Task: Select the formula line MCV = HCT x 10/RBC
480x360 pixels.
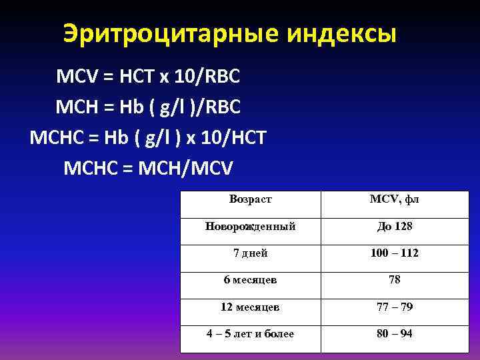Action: pyautogui.click(x=148, y=77)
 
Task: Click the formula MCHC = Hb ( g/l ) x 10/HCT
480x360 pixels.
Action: pyautogui.click(x=148, y=137)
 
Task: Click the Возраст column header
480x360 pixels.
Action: pyautogui.click(x=250, y=199)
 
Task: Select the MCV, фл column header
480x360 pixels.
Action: pyautogui.click(x=394, y=199)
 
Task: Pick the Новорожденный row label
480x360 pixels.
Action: pyautogui.click(x=250, y=227)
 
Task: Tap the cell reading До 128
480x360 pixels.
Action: pyautogui.click(x=394, y=227)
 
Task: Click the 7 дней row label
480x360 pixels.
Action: pyautogui.click(x=250, y=253)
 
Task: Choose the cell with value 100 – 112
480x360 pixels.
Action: pyautogui.click(x=394, y=253)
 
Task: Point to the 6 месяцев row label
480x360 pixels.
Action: pyautogui.click(x=250, y=280)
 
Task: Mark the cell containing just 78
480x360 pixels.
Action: pyautogui.click(x=394, y=280)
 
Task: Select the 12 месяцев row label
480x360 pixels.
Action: pyautogui.click(x=250, y=307)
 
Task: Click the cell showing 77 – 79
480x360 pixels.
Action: pyautogui.click(x=394, y=307)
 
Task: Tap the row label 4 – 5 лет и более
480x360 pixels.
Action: pyautogui.click(x=250, y=333)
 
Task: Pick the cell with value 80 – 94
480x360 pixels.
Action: pyautogui.click(x=394, y=333)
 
